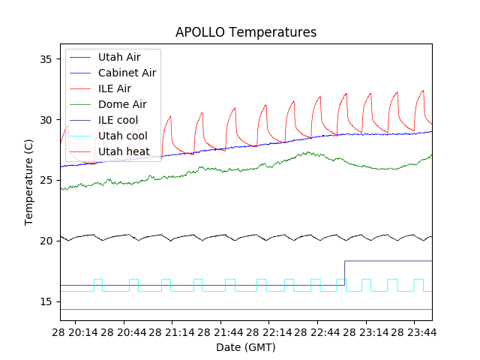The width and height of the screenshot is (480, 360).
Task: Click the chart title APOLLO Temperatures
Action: (246, 32)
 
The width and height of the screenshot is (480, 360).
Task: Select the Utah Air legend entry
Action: (119, 57)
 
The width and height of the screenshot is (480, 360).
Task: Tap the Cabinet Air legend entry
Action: (127, 73)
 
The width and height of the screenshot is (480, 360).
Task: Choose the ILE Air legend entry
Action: (115, 88)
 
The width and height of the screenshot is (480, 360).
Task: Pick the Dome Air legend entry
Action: (122, 104)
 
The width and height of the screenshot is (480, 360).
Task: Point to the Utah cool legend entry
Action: (122, 136)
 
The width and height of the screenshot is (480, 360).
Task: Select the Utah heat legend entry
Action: (123, 151)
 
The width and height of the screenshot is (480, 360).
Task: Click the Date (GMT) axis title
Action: (246, 347)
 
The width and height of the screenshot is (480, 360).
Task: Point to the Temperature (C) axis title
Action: (28, 181)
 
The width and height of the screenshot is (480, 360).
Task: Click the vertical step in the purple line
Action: (344, 273)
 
